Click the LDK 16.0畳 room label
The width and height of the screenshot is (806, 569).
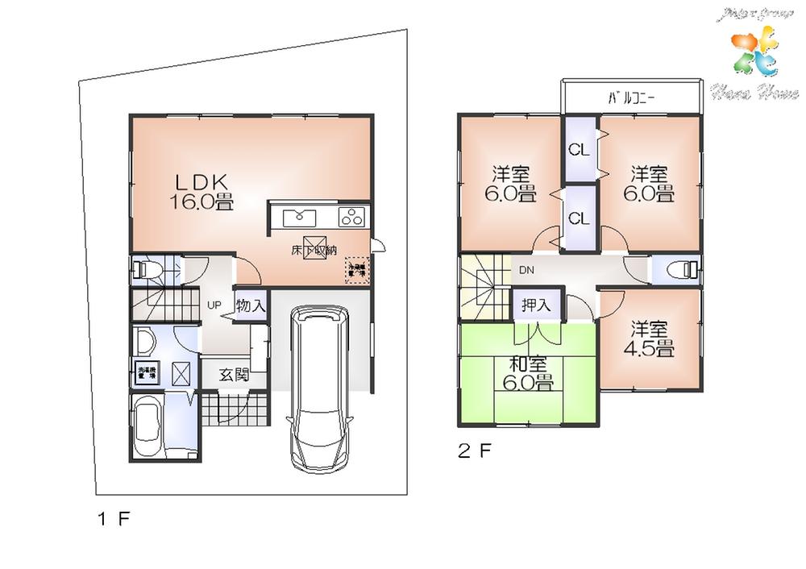point(201,192)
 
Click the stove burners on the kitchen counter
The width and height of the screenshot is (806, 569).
point(352,216)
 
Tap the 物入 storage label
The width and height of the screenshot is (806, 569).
point(250,305)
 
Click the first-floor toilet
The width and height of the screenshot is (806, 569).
point(146,269)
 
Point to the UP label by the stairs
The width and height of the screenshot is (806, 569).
point(214,305)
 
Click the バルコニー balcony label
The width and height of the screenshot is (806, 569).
point(631,99)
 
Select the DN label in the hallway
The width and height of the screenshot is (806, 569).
point(526,269)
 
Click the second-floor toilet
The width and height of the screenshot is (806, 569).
point(680,269)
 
